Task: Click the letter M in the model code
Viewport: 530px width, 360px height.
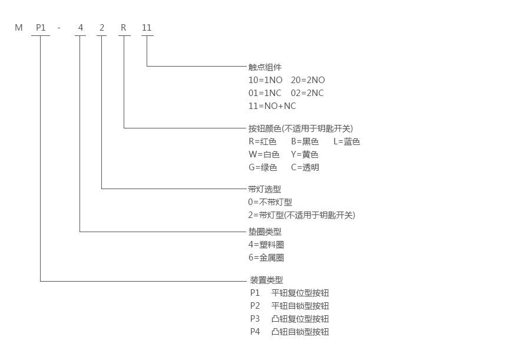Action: pos(19,28)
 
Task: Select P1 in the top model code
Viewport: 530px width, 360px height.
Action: pos(41,28)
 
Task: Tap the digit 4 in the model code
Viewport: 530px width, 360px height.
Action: pos(80,28)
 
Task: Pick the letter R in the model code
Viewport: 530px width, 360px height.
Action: pos(124,28)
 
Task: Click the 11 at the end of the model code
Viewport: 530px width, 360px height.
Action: pos(147,28)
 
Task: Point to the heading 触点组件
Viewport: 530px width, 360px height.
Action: pos(265,67)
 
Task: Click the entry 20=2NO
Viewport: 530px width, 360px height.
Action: pos(308,80)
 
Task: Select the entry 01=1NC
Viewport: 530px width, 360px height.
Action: pos(265,93)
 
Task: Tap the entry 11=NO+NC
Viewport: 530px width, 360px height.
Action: pos(272,106)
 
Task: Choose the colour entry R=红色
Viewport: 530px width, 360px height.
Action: pos(262,141)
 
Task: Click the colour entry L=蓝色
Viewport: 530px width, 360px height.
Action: pos(346,141)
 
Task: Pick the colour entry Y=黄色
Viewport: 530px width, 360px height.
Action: pos(304,154)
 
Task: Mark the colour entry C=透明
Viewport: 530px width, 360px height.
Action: pos(305,167)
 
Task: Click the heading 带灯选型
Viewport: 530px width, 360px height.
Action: pos(265,189)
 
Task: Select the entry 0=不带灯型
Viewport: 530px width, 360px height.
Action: pos(274,202)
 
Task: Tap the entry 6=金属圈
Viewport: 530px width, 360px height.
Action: pos(266,257)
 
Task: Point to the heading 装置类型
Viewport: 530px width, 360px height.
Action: pos(266,280)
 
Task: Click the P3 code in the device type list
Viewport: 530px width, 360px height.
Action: pos(255,319)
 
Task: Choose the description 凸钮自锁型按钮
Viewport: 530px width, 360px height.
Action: pos(300,332)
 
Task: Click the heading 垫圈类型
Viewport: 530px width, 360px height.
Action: pos(265,232)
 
